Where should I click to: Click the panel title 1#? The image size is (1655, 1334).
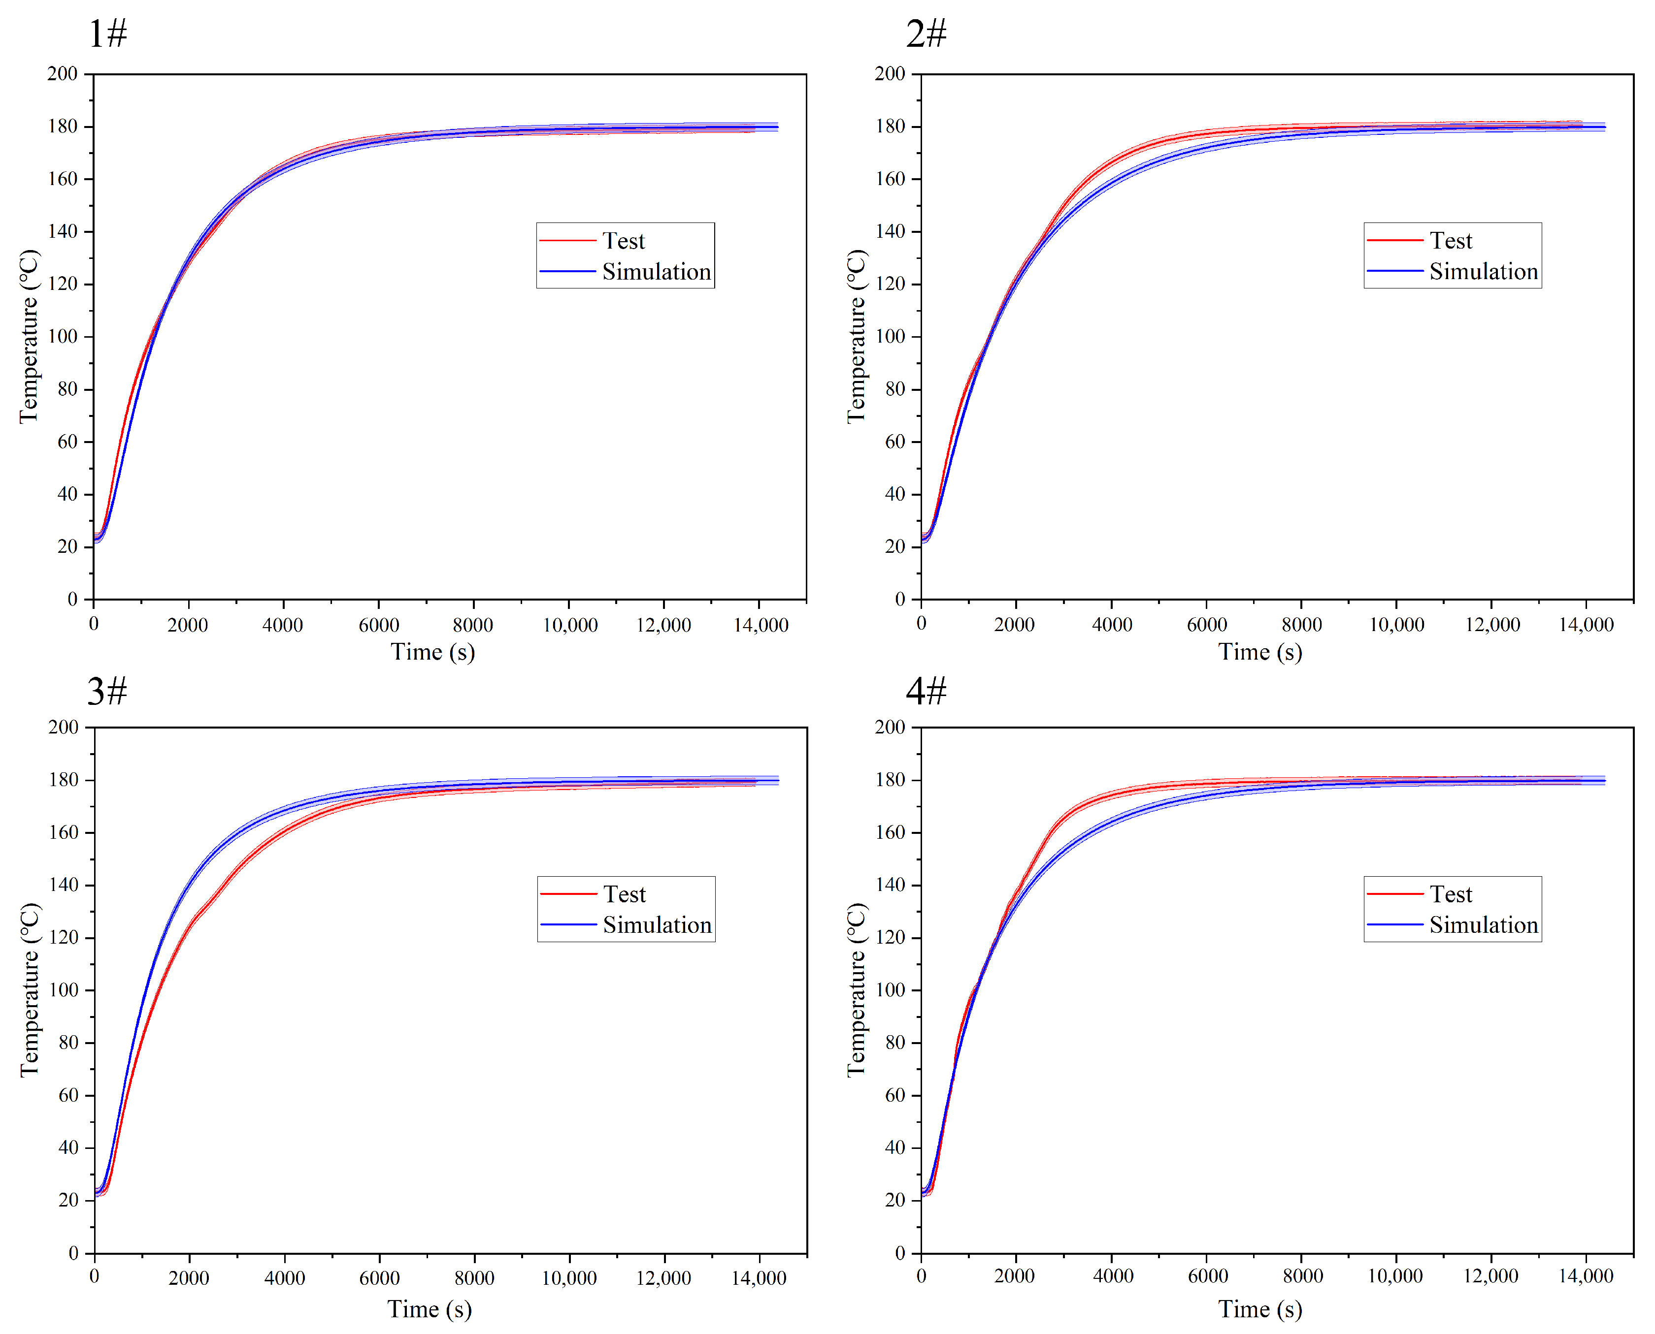pyautogui.click(x=107, y=34)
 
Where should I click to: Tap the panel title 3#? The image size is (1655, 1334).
pyautogui.click(x=107, y=692)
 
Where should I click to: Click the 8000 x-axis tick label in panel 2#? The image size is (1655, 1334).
pyautogui.click(x=1301, y=625)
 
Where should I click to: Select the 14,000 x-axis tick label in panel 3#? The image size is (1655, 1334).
pyautogui.click(x=758, y=1279)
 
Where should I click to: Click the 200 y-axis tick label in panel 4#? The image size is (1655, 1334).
pyautogui.click(x=890, y=727)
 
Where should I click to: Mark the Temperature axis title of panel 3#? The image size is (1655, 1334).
pyautogui.click(x=29, y=990)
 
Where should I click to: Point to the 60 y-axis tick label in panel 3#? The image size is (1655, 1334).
pyautogui.click(x=68, y=1095)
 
